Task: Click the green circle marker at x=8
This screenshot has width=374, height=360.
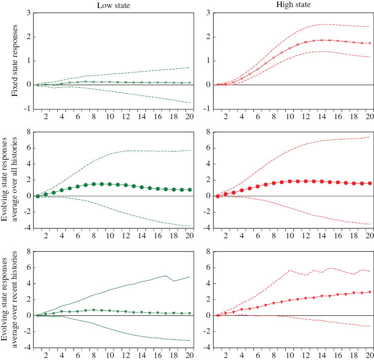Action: (93, 184)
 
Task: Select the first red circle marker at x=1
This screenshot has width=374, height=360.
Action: (217, 196)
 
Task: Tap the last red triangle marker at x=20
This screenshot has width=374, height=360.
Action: (369, 292)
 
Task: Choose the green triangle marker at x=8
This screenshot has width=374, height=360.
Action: (93, 310)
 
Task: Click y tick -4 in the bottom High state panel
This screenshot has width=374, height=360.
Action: (208, 348)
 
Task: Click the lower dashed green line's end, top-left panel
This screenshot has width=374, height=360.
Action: (189, 103)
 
